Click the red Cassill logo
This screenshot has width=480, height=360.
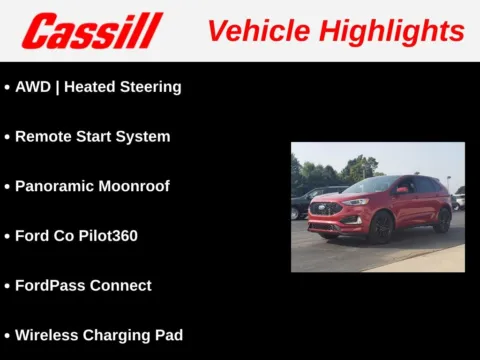pos(91,30)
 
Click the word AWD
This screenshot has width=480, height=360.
pos(33,87)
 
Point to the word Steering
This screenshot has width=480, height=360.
pos(150,87)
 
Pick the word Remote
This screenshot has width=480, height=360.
pos(42,136)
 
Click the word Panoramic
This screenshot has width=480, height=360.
pos(54,186)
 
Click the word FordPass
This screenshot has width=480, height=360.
pos(51,285)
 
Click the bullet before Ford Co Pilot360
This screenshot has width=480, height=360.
pos(7,236)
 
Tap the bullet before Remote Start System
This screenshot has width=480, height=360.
pos(7,136)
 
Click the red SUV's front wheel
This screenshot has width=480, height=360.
pos(381,228)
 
